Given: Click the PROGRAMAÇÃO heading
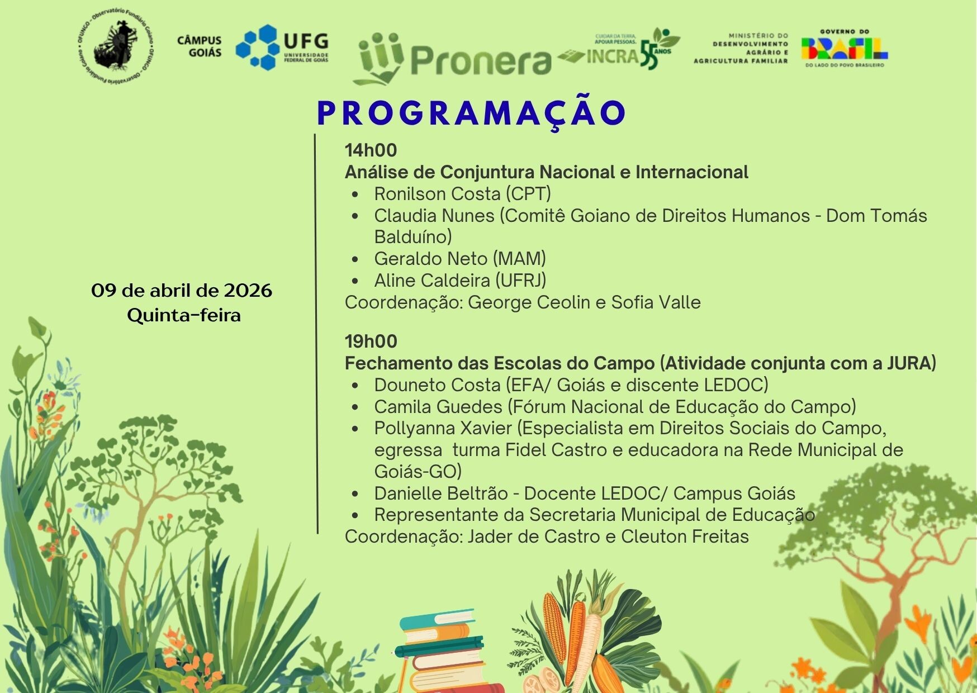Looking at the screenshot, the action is [x=471, y=113].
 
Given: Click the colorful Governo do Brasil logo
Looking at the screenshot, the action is [x=844, y=49].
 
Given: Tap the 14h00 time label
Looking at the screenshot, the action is [x=371, y=150].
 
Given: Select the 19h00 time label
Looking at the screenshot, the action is [x=371, y=341].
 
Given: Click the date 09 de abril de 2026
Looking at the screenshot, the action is [x=182, y=291].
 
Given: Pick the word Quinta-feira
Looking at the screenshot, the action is [x=184, y=315].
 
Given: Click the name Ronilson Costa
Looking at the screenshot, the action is [x=437, y=194].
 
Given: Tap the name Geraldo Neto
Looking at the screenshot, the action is [x=431, y=259].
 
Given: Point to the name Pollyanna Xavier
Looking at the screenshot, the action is [x=443, y=429].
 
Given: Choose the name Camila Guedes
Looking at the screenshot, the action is [x=438, y=407].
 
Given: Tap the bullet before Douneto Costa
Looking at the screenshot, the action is [x=355, y=386].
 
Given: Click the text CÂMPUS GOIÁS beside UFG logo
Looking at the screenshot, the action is [x=199, y=47].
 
